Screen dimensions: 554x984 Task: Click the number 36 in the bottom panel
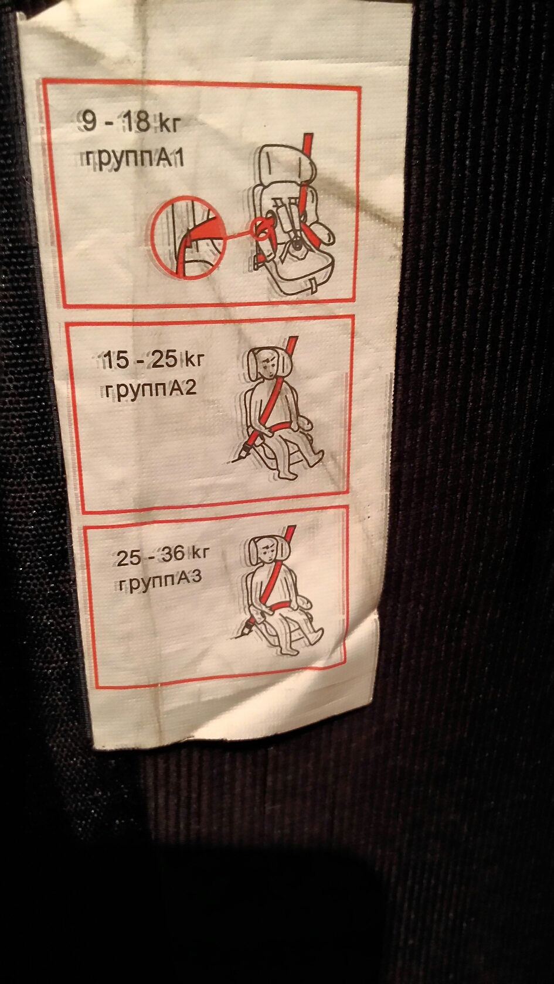[174, 555]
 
